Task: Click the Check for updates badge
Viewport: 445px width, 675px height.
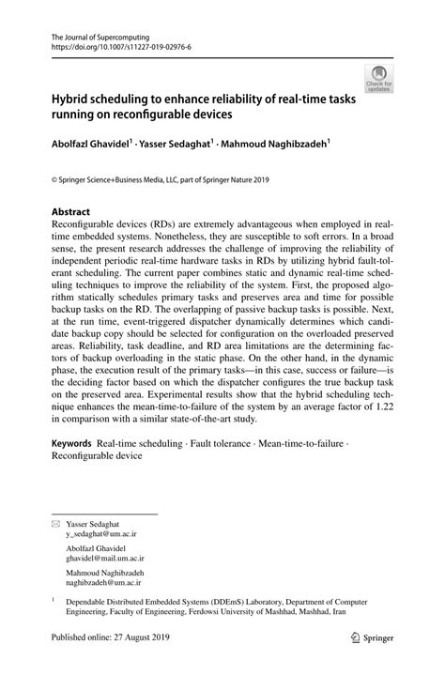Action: tap(379, 79)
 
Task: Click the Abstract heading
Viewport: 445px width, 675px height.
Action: tap(70, 212)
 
